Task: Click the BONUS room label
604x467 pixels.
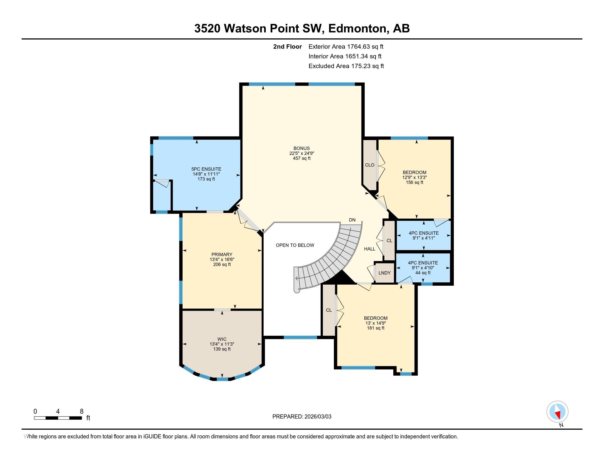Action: click(x=301, y=148)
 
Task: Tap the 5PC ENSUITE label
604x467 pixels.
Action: click(x=206, y=169)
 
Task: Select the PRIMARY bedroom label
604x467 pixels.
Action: click(x=222, y=255)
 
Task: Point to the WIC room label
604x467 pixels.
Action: click(x=222, y=339)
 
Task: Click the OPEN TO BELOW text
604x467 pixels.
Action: click(x=295, y=245)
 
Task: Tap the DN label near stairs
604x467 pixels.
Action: click(x=352, y=220)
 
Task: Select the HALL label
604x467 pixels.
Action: click(x=370, y=249)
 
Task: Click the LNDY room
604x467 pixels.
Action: click(x=384, y=273)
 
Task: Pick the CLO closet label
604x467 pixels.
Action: click(x=370, y=165)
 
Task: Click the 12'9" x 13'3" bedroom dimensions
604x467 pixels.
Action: click(x=414, y=177)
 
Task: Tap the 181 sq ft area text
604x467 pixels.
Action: click(x=376, y=328)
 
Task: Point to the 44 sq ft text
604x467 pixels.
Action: click(x=423, y=273)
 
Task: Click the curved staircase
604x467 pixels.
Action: click(x=332, y=263)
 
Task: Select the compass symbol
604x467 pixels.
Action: click(x=557, y=412)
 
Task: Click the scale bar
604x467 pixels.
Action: click(x=58, y=418)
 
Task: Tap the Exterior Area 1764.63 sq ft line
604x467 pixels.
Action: click(x=346, y=47)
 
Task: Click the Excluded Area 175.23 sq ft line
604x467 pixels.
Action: click(x=346, y=66)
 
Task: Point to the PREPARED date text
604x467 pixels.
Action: click(x=302, y=417)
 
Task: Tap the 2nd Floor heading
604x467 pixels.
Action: click(x=287, y=47)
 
